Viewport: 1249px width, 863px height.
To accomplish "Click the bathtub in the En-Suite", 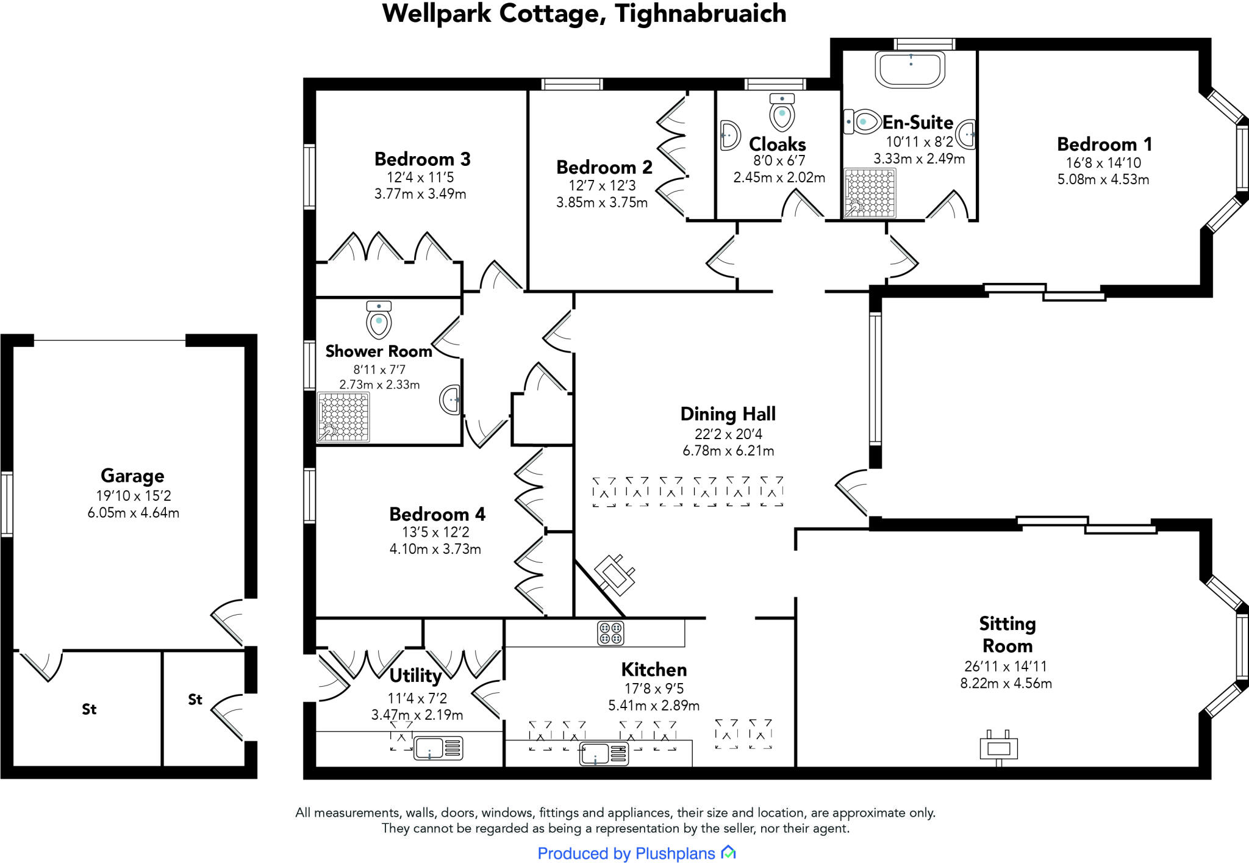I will point(910,69).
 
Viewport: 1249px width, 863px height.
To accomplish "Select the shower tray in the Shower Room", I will point(343,417).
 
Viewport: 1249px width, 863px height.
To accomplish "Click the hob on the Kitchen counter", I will point(610,633).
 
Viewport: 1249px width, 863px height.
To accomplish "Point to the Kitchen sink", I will point(604,754).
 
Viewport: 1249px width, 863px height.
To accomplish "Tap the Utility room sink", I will point(438,748).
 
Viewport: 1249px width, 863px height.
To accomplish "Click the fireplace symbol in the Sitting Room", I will point(998,748).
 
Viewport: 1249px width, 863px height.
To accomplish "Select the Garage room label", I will point(132,476).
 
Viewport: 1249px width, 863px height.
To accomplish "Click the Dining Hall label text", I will point(728,414).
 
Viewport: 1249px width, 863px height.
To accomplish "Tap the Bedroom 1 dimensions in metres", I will point(1103,179).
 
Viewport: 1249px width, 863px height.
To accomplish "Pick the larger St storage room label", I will point(89,709).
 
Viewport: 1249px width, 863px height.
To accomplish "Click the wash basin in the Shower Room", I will point(450,400).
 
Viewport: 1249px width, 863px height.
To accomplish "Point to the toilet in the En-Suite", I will point(861,122).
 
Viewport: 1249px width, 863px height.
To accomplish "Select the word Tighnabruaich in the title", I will point(701,13).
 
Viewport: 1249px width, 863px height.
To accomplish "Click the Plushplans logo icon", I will point(729,853).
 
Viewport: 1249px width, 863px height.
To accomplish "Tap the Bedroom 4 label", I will point(437,514).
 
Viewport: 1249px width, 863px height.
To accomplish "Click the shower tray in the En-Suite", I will point(870,193).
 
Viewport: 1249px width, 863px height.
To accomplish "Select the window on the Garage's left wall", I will point(6,504).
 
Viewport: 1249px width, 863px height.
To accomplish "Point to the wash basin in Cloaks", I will point(729,135).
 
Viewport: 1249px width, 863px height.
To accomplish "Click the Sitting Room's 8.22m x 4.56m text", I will point(1006,683).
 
